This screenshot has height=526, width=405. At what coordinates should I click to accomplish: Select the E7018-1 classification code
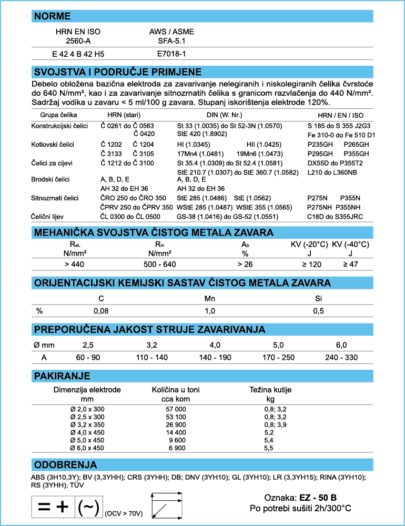172,54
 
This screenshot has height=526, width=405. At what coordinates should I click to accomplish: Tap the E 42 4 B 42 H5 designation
78,54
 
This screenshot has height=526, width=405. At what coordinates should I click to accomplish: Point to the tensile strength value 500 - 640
160,264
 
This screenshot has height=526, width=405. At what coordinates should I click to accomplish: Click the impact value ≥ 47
350,264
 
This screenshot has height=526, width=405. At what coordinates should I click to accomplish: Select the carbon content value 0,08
101,311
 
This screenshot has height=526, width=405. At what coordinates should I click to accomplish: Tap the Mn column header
210,298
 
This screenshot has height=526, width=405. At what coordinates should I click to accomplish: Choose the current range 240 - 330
341,357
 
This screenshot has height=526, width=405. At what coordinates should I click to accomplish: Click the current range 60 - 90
87,357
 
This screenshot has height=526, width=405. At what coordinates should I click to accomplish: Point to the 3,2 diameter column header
151,345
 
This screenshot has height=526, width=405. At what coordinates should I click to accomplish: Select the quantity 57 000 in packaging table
176,409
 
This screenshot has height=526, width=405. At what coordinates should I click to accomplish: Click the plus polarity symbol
63,507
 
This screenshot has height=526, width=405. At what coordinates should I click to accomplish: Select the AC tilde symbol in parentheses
88,508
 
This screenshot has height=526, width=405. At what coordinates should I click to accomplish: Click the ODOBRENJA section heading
65,464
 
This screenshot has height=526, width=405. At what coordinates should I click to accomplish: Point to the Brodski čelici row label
51,179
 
